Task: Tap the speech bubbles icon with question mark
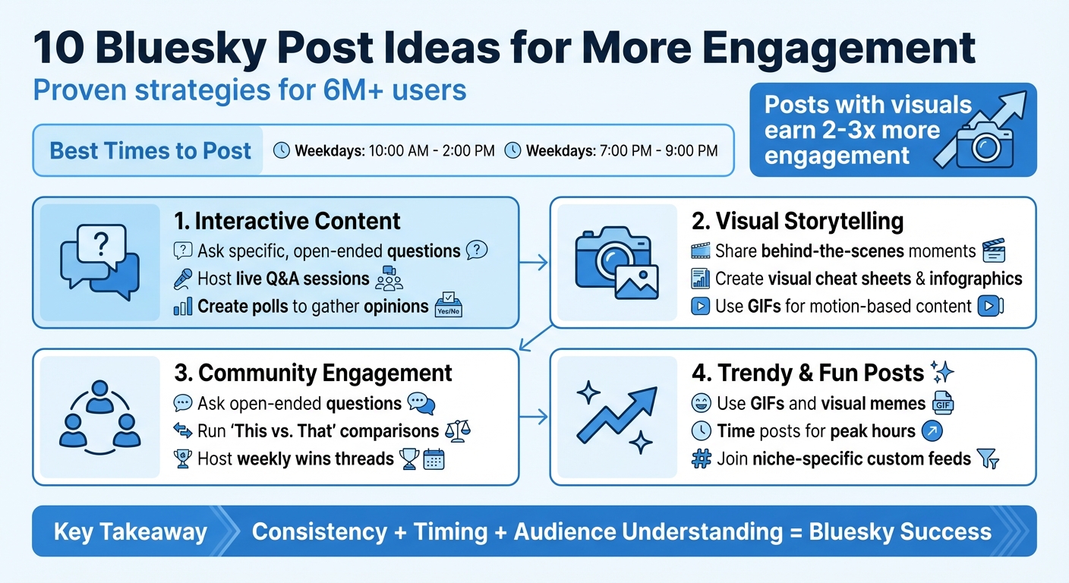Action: click(x=99, y=261)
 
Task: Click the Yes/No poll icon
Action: click(x=448, y=307)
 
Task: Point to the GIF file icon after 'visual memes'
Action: click(x=943, y=402)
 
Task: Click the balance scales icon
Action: click(x=457, y=431)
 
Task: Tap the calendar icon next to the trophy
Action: click(x=434, y=459)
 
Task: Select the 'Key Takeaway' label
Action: click(x=130, y=531)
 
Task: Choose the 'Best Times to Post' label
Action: click(x=150, y=150)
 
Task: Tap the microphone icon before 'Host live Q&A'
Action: click(x=183, y=279)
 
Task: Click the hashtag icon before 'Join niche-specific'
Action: click(x=702, y=459)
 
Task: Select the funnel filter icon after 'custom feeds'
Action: click(x=989, y=459)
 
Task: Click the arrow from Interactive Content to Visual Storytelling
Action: click(x=534, y=263)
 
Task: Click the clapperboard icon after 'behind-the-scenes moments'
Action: click(x=993, y=251)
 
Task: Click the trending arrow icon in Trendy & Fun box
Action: click(x=616, y=415)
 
